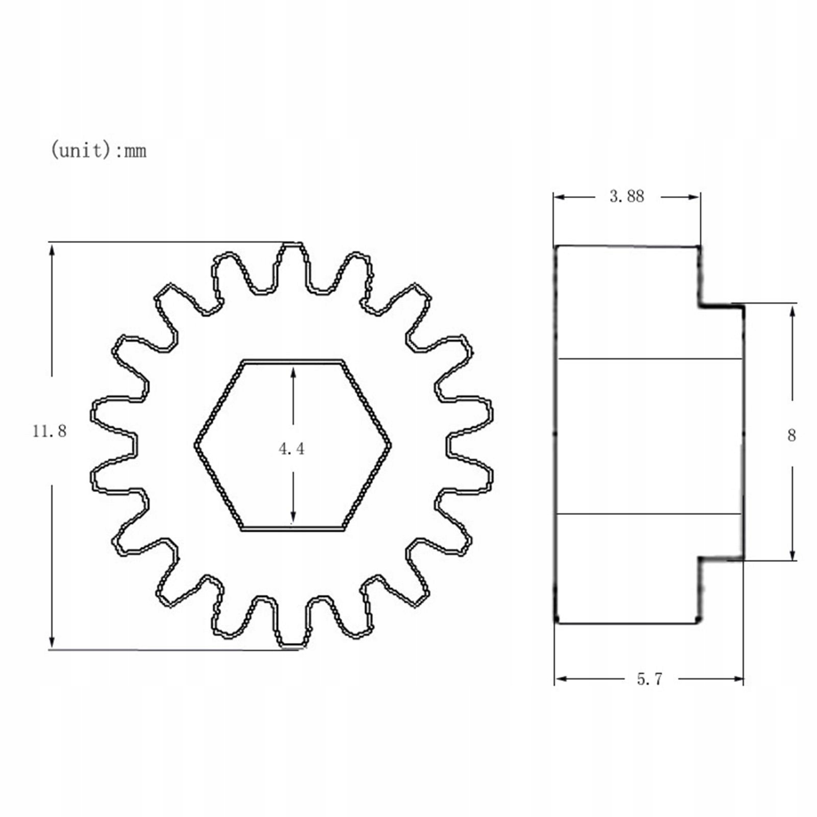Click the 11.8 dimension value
pos(50,431)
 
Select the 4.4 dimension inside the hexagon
pos(292,448)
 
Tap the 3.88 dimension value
pos(627,196)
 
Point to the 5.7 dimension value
pos(650,679)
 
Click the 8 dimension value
pos(791,436)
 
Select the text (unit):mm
pos(99,150)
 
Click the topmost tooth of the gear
pos(293,266)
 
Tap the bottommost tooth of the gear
pos(292,624)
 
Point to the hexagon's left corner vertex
pos(196,445)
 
